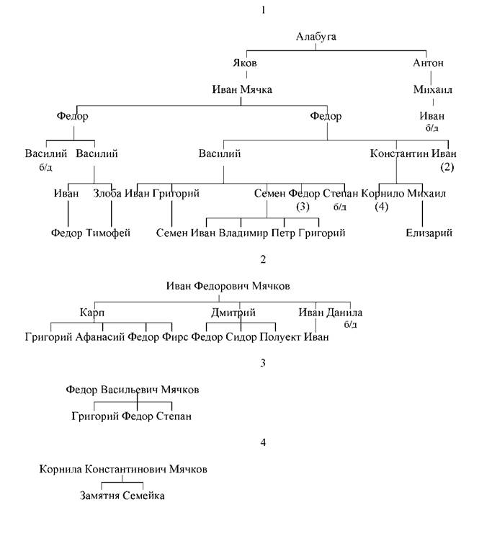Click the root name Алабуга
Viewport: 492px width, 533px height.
tap(316, 37)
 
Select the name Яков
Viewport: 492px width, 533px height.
tap(244, 63)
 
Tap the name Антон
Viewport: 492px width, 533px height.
tap(428, 63)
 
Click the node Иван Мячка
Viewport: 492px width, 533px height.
tap(242, 89)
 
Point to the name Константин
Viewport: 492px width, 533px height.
tap(400, 153)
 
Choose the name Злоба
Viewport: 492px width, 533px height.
tap(107, 194)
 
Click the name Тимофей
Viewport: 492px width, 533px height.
tap(108, 233)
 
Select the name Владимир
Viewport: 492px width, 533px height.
tap(243, 233)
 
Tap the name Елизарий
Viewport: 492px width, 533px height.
tap(429, 233)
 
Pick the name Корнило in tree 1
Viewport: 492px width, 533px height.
tap(383, 194)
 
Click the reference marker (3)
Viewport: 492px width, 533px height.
tap(303, 207)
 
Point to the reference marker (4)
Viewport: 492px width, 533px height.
tap(382, 207)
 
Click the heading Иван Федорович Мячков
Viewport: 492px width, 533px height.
tap(228, 286)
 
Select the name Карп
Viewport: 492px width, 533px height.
tap(91, 313)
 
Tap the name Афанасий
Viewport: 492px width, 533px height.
tap(100, 337)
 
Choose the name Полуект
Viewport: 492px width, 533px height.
tap(280, 337)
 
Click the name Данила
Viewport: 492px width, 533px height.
tap(344, 313)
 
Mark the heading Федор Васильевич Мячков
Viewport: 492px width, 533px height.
tap(133, 390)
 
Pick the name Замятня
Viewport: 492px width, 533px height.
tap(99, 496)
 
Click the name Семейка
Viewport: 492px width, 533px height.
tap(143, 496)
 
